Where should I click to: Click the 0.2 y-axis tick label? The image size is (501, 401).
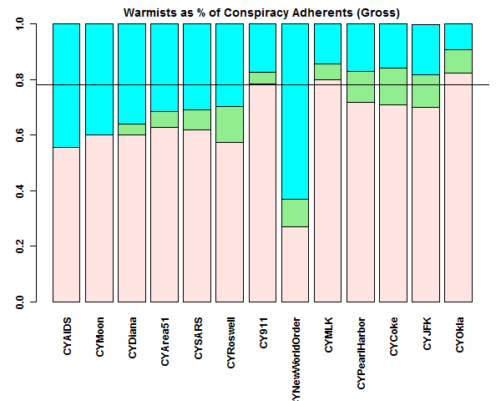[19, 246]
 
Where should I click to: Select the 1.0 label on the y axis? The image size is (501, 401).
[19, 24]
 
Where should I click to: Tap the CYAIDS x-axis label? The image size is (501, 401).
[67, 337]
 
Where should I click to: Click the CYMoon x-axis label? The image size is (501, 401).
[99, 337]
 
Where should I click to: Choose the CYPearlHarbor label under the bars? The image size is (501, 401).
[361, 351]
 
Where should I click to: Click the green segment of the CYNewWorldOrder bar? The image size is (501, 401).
[296, 212]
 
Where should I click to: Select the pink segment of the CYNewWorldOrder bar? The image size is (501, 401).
[296, 264]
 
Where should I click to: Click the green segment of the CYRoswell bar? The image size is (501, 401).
[230, 124]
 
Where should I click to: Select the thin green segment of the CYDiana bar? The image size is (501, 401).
[132, 129]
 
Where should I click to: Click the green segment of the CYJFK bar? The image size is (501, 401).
[426, 90]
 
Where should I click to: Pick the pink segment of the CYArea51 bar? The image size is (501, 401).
[164, 214]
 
